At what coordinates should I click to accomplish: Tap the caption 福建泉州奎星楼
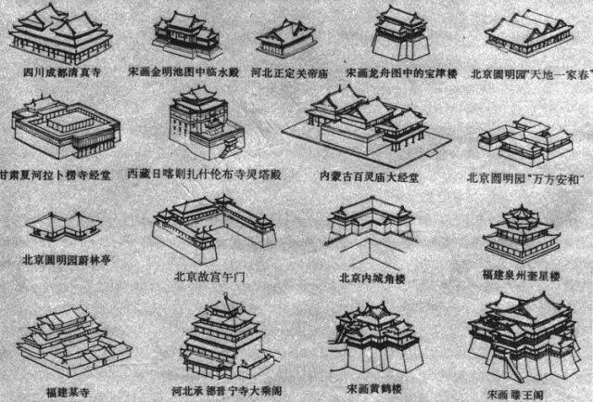point(524,276)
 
